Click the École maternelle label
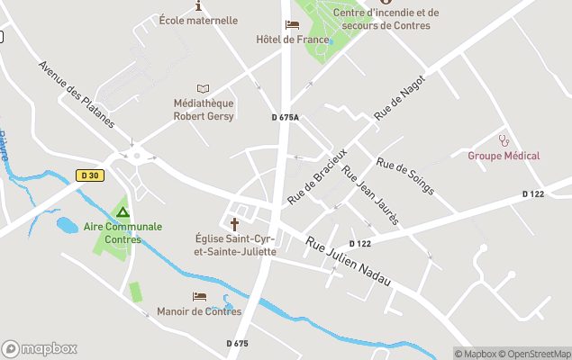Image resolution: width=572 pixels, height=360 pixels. tap(198, 20)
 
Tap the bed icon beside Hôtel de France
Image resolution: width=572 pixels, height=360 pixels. tap(291, 24)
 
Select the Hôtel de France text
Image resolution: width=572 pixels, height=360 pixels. tap(290, 40)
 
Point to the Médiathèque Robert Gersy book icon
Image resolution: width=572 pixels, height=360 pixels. tap(203, 88)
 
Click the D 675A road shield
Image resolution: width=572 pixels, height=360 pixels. tap(285, 118)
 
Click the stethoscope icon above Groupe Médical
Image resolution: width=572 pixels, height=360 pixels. tap(504, 140)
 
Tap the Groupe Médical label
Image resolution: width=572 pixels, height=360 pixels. tap(504, 156)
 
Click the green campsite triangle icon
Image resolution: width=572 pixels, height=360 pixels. tap(123, 211)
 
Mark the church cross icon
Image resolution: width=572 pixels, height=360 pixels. tap(235, 223)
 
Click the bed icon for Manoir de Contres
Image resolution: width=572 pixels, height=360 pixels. tap(199, 296)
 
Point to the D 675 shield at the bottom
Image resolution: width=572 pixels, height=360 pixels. tap(236, 343)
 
